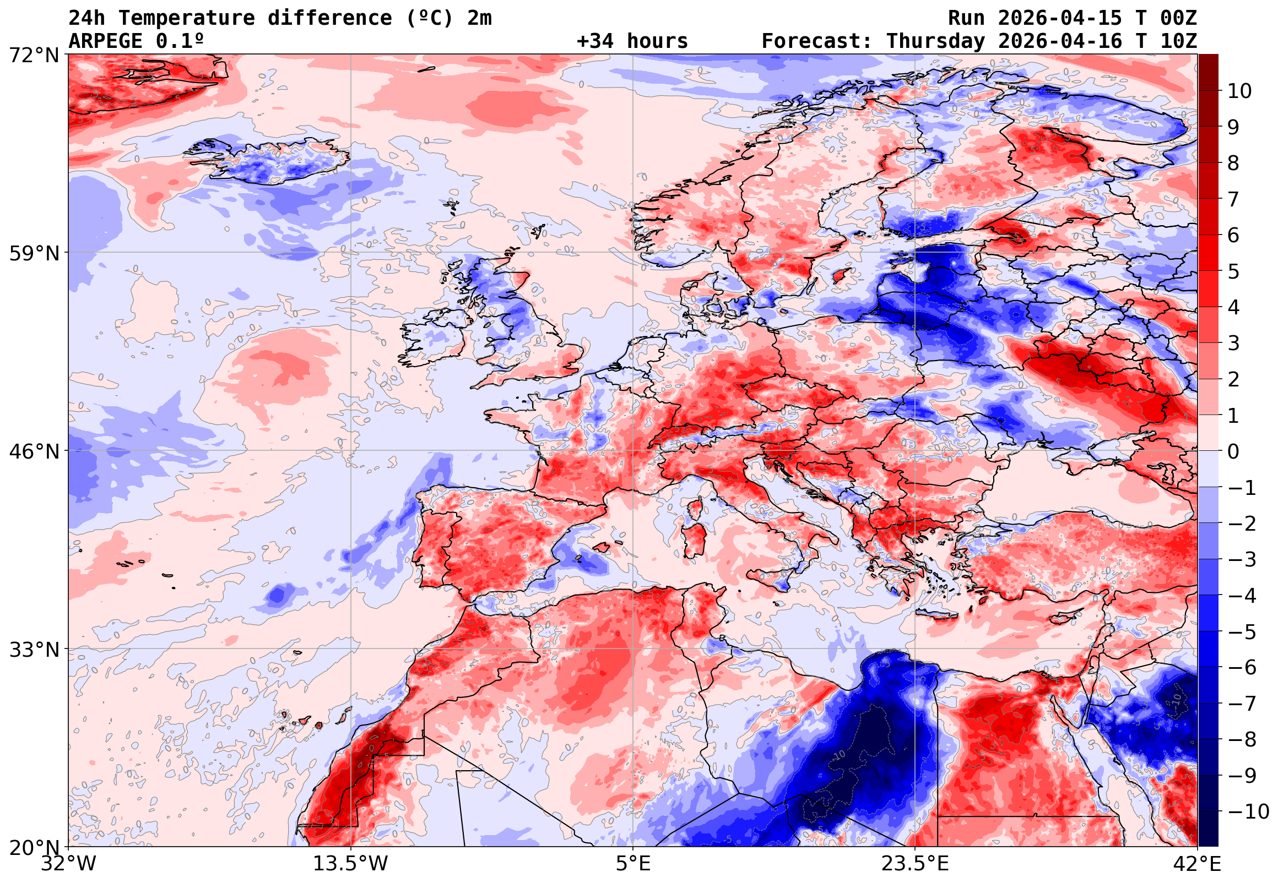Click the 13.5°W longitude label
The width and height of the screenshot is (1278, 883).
coord(351,864)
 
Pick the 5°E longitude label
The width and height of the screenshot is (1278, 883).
coord(633,864)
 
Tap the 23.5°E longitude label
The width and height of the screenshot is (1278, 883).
coord(915,864)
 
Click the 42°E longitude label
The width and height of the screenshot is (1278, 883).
coord(1196,864)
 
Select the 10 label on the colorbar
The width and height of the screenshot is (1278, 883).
coord(1239,91)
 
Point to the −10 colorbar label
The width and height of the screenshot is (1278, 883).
coord(1248,811)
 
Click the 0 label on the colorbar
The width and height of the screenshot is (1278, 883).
coord(1233,451)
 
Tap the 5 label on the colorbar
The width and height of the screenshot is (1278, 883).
coord(1233,271)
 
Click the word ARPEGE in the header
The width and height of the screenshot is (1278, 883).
coord(106,41)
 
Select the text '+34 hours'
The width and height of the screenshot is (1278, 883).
coord(632,41)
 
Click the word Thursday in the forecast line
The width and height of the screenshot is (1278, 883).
coord(935,41)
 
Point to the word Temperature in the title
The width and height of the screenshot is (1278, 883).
coord(187,18)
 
